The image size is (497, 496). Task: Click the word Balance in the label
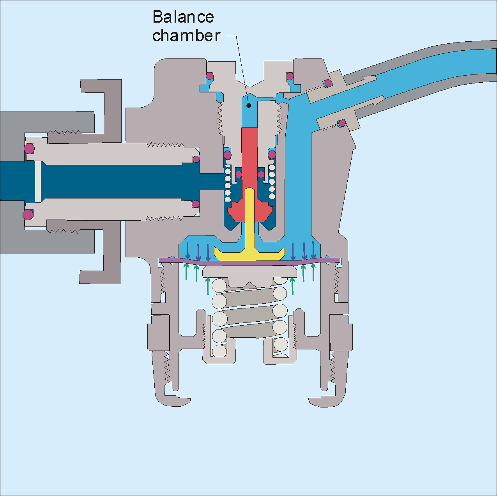point(183,17)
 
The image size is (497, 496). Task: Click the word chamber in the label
point(186,35)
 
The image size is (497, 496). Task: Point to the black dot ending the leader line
point(248,105)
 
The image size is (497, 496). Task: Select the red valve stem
point(249,156)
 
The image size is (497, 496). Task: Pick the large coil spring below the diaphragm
point(249,312)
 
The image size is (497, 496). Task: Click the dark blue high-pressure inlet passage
point(117,181)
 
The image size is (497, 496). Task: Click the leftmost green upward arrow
point(186,272)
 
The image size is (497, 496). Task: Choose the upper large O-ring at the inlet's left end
point(29,149)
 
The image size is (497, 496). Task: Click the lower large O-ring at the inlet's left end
point(28,214)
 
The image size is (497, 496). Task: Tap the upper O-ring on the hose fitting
point(329,83)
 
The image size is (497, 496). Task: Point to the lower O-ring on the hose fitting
point(342,123)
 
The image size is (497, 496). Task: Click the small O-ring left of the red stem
point(239,174)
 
